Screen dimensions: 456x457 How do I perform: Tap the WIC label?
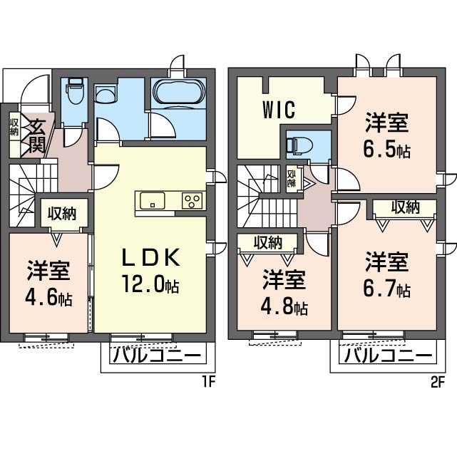tap(279, 111)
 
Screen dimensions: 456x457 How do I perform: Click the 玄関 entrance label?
tap(37, 136)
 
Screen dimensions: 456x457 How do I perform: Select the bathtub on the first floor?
tap(179, 93)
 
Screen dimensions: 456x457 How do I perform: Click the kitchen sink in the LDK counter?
tap(153, 200)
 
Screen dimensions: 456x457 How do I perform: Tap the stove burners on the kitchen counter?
tap(191, 200)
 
